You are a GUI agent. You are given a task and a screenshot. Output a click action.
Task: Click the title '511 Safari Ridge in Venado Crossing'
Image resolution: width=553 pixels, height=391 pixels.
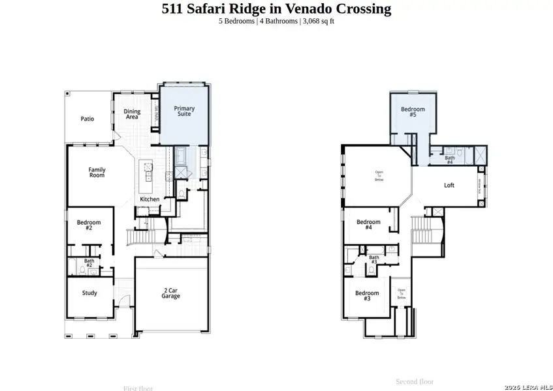(276, 8)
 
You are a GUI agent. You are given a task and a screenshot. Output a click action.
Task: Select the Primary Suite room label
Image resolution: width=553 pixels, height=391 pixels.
(183, 111)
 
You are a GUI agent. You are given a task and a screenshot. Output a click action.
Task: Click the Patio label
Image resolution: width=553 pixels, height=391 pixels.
(87, 119)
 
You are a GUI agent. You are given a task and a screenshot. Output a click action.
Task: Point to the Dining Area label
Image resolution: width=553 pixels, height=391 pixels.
(132, 115)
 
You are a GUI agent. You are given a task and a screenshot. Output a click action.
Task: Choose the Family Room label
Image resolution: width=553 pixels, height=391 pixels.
(97, 173)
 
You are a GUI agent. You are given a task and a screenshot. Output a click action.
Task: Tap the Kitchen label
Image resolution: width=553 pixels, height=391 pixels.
(150, 199)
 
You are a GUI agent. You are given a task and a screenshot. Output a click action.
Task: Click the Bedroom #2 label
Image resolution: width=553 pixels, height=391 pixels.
(89, 225)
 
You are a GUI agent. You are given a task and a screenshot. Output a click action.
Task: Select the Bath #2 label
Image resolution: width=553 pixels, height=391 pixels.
(89, 263)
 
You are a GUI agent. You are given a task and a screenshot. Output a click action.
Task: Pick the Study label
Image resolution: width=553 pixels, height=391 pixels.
(89, 293)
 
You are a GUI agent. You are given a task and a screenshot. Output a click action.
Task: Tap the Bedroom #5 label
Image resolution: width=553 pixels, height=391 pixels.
(413, 112)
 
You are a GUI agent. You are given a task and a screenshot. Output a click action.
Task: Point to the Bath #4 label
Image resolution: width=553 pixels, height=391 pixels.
(450, 159)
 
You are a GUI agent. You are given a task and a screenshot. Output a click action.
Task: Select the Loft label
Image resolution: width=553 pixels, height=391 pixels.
(449, 185)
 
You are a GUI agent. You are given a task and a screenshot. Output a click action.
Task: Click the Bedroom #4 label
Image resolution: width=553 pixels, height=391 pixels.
(368, 225)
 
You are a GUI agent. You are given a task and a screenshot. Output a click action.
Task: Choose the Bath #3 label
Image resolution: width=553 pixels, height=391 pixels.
(374, 259)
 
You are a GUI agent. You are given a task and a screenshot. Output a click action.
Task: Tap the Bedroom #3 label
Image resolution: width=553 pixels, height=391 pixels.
(367, 296)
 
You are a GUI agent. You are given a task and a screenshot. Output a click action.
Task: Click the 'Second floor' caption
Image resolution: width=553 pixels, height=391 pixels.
(415, 381)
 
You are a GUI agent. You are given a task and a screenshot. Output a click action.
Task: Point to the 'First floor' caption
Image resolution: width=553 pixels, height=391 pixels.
(138, 388)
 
